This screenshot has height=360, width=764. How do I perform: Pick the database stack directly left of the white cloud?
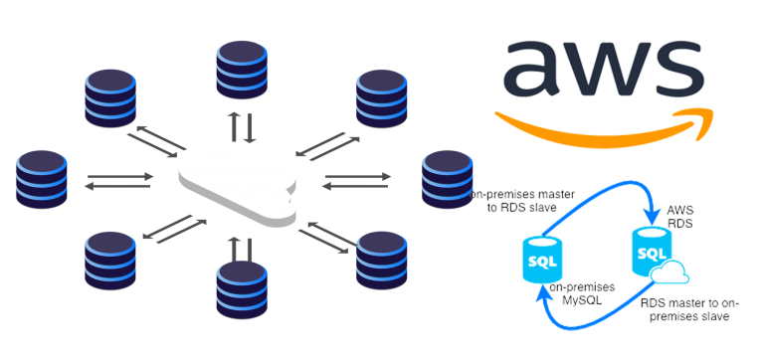pyautogui.click(x=43, y=180)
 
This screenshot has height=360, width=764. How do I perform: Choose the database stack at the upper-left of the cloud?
pyautogui.click(x=110, y=98)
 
